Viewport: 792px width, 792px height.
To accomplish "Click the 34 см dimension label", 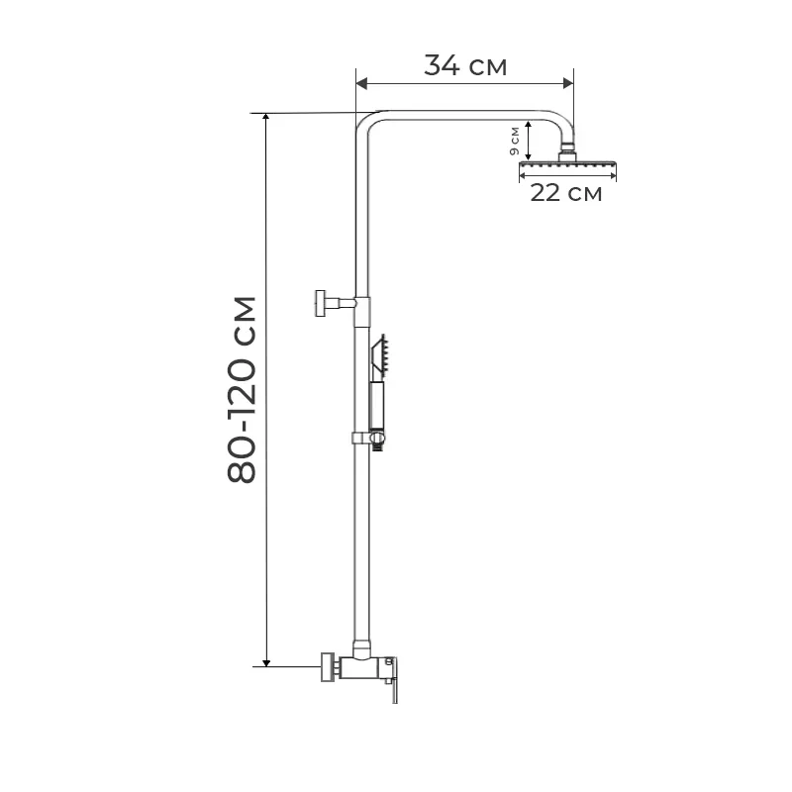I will point(465,66).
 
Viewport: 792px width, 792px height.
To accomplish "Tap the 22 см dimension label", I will point(565,193).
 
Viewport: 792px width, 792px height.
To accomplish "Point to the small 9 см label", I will point(514,141).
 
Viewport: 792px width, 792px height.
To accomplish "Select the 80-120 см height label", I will point(242,389).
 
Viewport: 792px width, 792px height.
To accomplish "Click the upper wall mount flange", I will point(320,302).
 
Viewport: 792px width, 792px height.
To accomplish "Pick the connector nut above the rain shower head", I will point(568,153).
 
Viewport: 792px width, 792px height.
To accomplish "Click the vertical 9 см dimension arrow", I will point(529,141).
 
